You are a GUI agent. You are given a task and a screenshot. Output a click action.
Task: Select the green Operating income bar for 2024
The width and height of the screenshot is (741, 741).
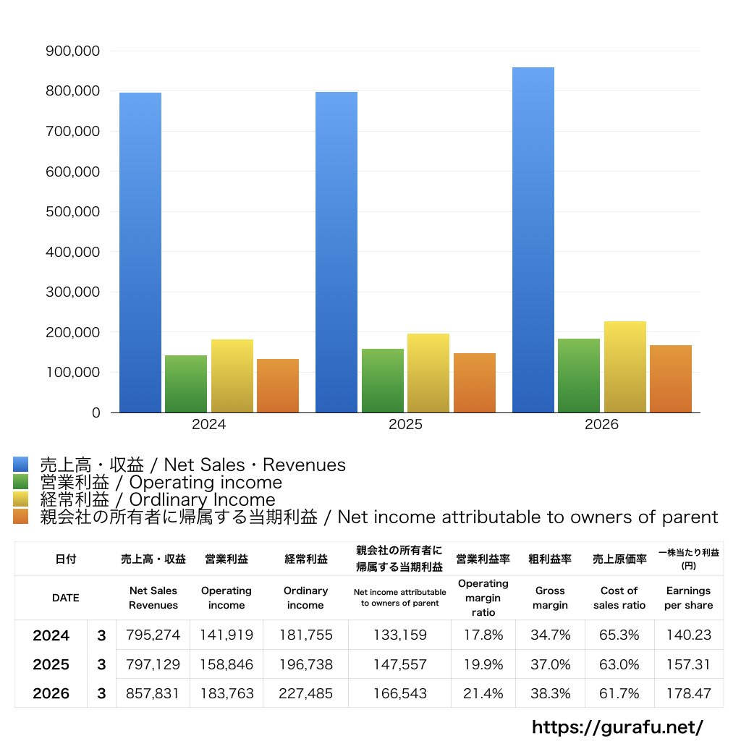pyautogui.click(x=186, y=384)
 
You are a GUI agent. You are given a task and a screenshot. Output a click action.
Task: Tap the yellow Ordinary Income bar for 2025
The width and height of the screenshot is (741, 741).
pyautogui.click(x=428, y=373)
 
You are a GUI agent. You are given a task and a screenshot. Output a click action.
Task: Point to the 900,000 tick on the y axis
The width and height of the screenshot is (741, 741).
pyautogui.click(x=72, y=51)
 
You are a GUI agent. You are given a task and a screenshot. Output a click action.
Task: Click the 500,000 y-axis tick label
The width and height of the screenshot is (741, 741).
pyautogui.click(x=72, y=212)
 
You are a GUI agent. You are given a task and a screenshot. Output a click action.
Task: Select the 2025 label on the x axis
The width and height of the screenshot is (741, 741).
pyautogui.click(x=405, y=425)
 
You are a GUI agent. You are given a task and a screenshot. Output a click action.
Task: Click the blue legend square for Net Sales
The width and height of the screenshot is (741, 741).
pyautogui.click(x=21, y=465)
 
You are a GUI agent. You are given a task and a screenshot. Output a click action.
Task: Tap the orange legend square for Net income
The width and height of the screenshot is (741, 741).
pyautogui.click(x=21, y=517)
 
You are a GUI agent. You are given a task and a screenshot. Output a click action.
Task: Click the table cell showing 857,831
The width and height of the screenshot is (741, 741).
pyautogui.click(x=153, y=693)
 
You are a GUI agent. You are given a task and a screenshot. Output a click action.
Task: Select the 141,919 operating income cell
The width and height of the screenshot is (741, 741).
pyautogui.click(x=226, y=635)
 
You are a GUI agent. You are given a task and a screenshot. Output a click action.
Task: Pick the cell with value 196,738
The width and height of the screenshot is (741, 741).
pyautogui.click(x=305, y=664)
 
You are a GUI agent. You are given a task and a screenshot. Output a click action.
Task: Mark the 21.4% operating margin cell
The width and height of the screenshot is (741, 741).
pyautogui.click(x=483, y=693)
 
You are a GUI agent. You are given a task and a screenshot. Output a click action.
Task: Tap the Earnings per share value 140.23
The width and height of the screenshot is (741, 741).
pyautogui.click(x=688, y=635)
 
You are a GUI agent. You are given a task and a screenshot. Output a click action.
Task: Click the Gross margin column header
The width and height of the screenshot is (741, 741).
pyautogui.click(x=550, y=598)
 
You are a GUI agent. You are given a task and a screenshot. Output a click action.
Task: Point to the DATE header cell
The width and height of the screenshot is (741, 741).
pyautogui.click(x=65, y=598)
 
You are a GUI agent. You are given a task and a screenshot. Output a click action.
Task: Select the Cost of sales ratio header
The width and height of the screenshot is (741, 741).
pyautogui.click(x=619, y=598)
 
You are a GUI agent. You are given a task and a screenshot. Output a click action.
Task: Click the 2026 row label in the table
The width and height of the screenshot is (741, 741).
pyautogui.click(x=51, y=693)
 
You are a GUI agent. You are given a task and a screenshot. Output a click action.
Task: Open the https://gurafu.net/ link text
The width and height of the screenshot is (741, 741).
pyautogui.click(x=617, y=727)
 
